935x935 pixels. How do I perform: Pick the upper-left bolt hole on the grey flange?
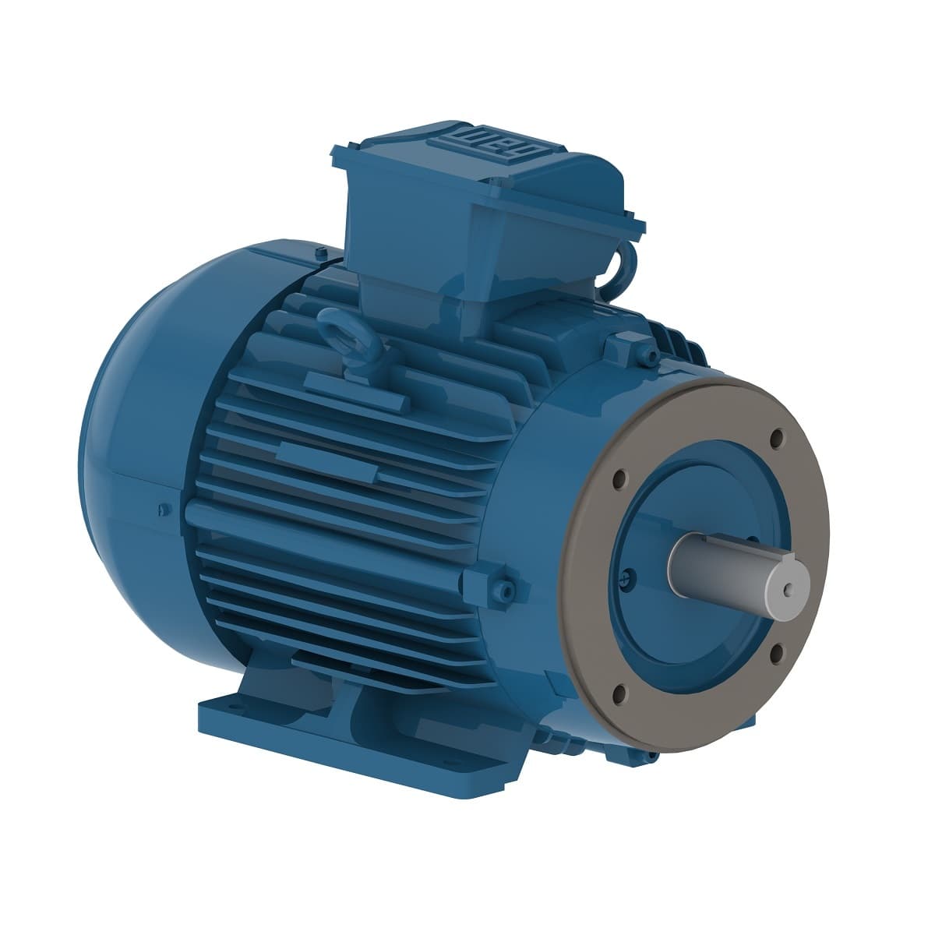point(620,478)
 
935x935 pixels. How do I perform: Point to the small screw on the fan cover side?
point(161,510)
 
